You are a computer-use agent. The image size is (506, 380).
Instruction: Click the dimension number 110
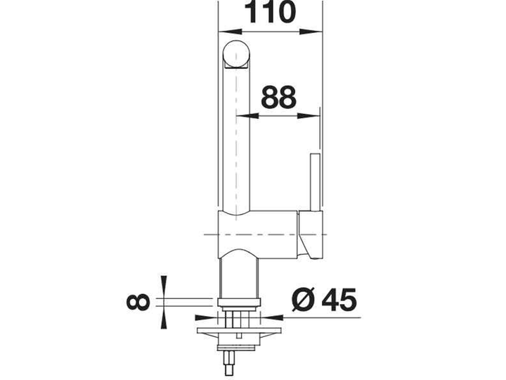(x=270, y=12)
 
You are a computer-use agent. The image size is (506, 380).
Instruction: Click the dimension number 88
(x=278, y=96)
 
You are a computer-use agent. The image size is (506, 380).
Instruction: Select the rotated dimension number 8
(x=138, y=302)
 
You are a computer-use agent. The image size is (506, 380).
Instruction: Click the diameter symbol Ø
(x=303, y=299)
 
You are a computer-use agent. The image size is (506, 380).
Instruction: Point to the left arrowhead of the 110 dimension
(x=230, y=32)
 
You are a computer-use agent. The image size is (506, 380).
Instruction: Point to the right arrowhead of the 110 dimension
(x=311, y=32)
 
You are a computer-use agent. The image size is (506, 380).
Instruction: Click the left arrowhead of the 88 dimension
(x=247, y=115)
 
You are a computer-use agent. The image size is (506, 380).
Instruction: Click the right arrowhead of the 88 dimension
(x=309, y=115)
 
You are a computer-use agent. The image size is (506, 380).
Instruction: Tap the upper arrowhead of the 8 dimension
(x=164, y=286)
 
